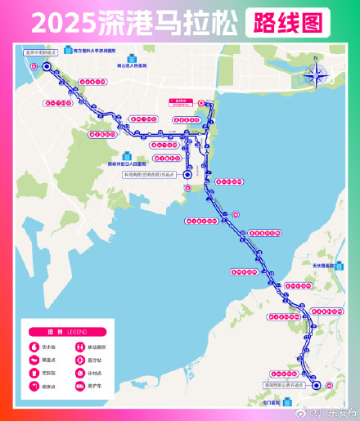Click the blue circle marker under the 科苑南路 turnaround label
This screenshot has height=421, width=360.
click(x=187, y=174)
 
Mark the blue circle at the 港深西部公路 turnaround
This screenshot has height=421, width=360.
click(x=317, y=386)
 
